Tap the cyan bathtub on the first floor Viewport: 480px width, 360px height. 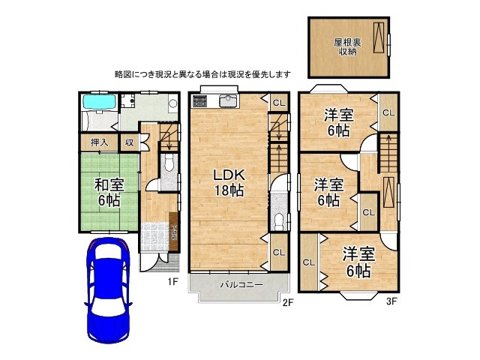pyautogui.click(x=97, y=102)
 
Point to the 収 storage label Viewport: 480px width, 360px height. pyautogui.click(x=129, y=142)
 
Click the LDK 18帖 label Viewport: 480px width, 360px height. pyautogui.click(x=229, y=181)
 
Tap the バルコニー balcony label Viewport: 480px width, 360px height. pyautogui.click(x=241, y=285)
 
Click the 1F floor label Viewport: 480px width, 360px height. pyautogui.click(x=171, y=281)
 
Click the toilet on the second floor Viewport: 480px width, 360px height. pyautogui.click(x=278, y=220)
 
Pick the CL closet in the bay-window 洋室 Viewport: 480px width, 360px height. pyautogui.click(x=308, y=262)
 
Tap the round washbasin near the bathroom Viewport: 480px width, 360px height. pyautogui.click(x=172, y=105)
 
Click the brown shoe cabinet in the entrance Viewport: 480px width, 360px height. pyautogui.click(x=174, y=232)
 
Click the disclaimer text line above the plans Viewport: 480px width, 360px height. pyautogui.click(x=202, y=74)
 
